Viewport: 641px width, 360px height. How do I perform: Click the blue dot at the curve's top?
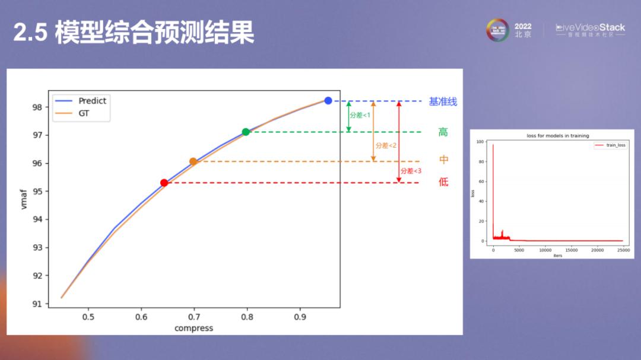[328, 101]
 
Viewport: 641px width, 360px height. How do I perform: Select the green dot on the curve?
[246, 132]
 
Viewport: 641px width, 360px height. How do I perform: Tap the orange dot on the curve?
[193, 161]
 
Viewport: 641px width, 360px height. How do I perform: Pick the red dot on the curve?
[164, 183]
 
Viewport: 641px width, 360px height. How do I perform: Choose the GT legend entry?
[84, 113]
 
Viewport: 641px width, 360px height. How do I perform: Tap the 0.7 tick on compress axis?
[193, 317]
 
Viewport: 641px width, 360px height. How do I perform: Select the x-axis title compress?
[193, 328]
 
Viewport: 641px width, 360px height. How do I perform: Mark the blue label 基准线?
[443, 101]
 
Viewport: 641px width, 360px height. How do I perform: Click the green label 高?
[443, 132]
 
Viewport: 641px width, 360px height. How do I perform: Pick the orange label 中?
[443, 160]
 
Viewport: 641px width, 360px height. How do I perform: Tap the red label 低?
[443, 182]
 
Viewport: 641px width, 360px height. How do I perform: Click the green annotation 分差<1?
[360, 115]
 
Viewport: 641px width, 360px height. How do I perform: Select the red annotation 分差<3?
[411, 171]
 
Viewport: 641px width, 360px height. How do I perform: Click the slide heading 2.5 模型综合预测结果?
[134, 33]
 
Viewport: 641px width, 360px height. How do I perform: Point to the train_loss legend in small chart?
[611, 145]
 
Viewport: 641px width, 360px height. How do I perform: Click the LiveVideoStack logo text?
[590, 28]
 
